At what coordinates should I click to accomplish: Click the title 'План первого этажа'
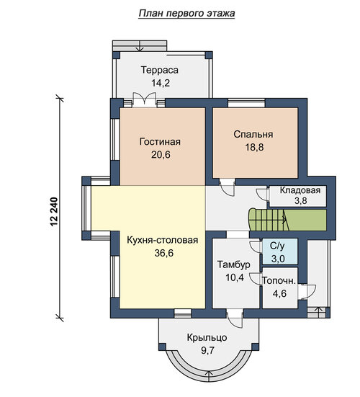186,14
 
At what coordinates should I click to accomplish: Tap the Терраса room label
160,70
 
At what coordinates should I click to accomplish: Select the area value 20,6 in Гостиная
161,154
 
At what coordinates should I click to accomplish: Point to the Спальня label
253,135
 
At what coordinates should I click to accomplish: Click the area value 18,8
254,147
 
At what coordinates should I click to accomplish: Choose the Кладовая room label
300,190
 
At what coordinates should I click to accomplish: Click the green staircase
287,220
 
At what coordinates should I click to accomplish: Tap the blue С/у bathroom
280,251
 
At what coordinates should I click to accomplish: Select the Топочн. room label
279,280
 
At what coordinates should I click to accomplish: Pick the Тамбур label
234,264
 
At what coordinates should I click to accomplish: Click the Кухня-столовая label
163,240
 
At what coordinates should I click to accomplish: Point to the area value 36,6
164,253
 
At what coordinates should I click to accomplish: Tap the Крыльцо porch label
207,338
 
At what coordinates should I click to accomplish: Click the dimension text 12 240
54,212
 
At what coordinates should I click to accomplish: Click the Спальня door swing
228,187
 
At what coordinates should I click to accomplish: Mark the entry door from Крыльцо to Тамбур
235,319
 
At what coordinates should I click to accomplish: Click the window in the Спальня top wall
246,103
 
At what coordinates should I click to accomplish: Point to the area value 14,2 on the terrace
161,83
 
